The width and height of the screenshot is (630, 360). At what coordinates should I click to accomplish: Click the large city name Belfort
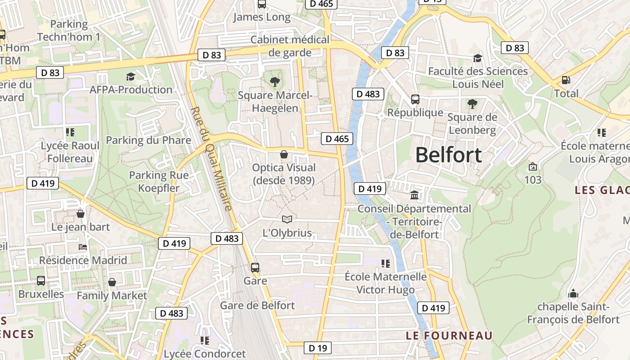click(448, 155)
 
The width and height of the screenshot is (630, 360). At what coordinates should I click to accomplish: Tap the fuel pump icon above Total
click(566, 81)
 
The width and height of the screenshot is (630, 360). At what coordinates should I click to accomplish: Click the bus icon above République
click(415, 99)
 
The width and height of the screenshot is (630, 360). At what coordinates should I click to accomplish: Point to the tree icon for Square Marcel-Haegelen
click(274, 82)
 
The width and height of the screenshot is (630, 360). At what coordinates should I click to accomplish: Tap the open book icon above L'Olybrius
click(287, 220)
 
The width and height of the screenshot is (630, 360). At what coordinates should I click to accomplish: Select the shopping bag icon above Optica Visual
click(284, 155)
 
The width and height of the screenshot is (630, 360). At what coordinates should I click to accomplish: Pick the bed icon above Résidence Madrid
click(83, 247)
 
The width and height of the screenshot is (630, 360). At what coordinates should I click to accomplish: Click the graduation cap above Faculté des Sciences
click(477, 58)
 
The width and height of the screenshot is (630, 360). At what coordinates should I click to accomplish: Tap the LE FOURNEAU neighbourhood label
click(449, 336)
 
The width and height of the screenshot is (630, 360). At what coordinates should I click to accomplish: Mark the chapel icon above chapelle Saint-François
click(573, 293)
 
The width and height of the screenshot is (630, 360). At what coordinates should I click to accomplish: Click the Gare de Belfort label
click(257, 305)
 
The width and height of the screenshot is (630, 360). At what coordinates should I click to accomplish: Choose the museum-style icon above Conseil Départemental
click(414, 195)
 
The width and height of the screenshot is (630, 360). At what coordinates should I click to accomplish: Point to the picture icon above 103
click(533, 166)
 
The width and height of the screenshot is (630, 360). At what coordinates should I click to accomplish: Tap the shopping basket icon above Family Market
click(112, 282)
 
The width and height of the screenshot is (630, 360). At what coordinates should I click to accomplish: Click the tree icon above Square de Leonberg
click(472, 104)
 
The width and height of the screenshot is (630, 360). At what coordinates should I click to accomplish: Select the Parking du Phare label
click(148, 140)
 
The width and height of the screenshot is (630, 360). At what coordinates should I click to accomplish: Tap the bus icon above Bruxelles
click(41, 281)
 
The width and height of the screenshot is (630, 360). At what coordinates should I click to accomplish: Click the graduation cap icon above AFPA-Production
click(130, 76)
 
